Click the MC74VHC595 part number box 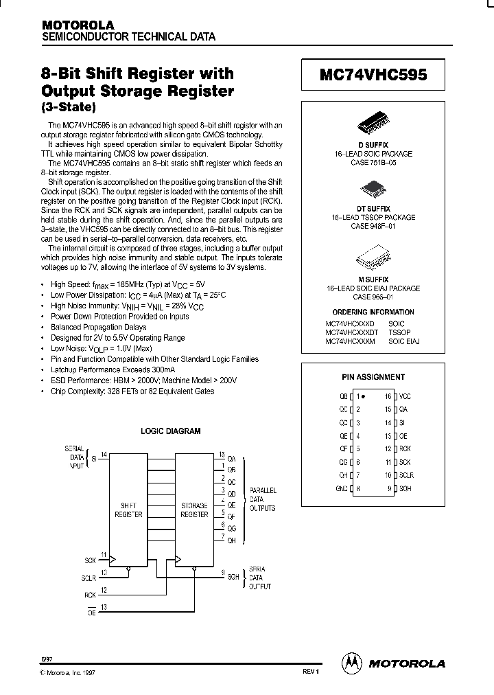tap(373, 76)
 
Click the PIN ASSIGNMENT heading tap(373, 376)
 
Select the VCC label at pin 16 tap(405, 397)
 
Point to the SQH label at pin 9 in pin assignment tap(405, 488)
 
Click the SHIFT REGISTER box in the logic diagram tap(128, 509)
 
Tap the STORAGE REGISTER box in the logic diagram tap(193, 509)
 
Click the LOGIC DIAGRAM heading tap(171, 431)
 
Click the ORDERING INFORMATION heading tap(374, 312)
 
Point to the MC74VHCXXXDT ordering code tap(351, 332)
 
